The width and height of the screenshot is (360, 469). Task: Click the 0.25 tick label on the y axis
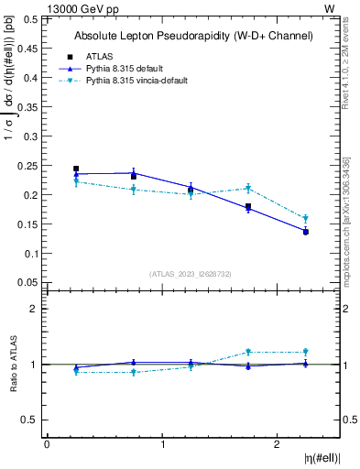click(x=29, y=166)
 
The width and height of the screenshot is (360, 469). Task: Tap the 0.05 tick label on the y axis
click(x=29, y=282)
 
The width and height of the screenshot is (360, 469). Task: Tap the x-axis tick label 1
click(x=162, y=445)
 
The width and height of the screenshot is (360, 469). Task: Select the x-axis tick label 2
click(x=278, y=445)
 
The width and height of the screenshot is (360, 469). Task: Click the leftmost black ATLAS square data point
click(x=76, y=169)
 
